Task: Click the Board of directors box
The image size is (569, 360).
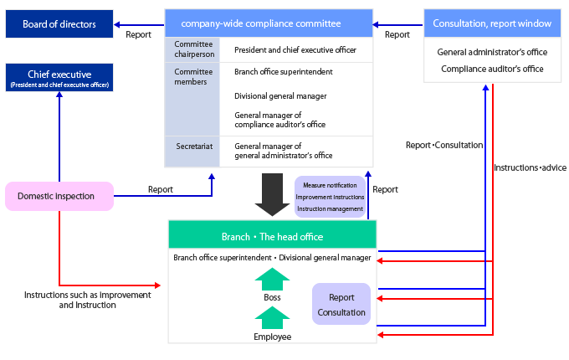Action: click(x=59, y=24)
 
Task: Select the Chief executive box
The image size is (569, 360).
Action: click(x=59, y=77)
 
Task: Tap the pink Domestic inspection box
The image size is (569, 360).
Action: click(x=59, y=196)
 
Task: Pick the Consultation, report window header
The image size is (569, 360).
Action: click(x=492, y=23)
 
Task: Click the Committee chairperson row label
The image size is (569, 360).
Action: click(x=194, y=49)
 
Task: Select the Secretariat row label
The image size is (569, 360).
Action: click(x=194, y=147)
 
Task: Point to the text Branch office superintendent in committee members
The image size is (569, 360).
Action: click(x=284, y=72)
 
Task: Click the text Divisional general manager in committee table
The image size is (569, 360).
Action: click(x=280, y=95)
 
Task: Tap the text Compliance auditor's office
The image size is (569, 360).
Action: click(x=492, y=69)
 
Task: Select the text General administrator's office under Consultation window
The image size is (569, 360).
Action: click(x=492, y=52)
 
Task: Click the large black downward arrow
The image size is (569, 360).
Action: click(x=272, y=193)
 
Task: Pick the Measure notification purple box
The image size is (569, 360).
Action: click(x=330, y=196)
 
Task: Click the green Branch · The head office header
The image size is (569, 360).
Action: click(x=272, y=237)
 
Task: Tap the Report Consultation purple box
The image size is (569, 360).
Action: click(x=341, y=305)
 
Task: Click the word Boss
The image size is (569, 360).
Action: click(x=272, y=296)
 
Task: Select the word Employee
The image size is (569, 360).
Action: click(x=272, y=336)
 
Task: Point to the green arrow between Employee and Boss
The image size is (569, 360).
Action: click(x=272, y=317)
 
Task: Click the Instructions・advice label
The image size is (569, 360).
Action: click(x=530, y=168)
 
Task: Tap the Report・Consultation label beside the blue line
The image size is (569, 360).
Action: click(x=443, y=145)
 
